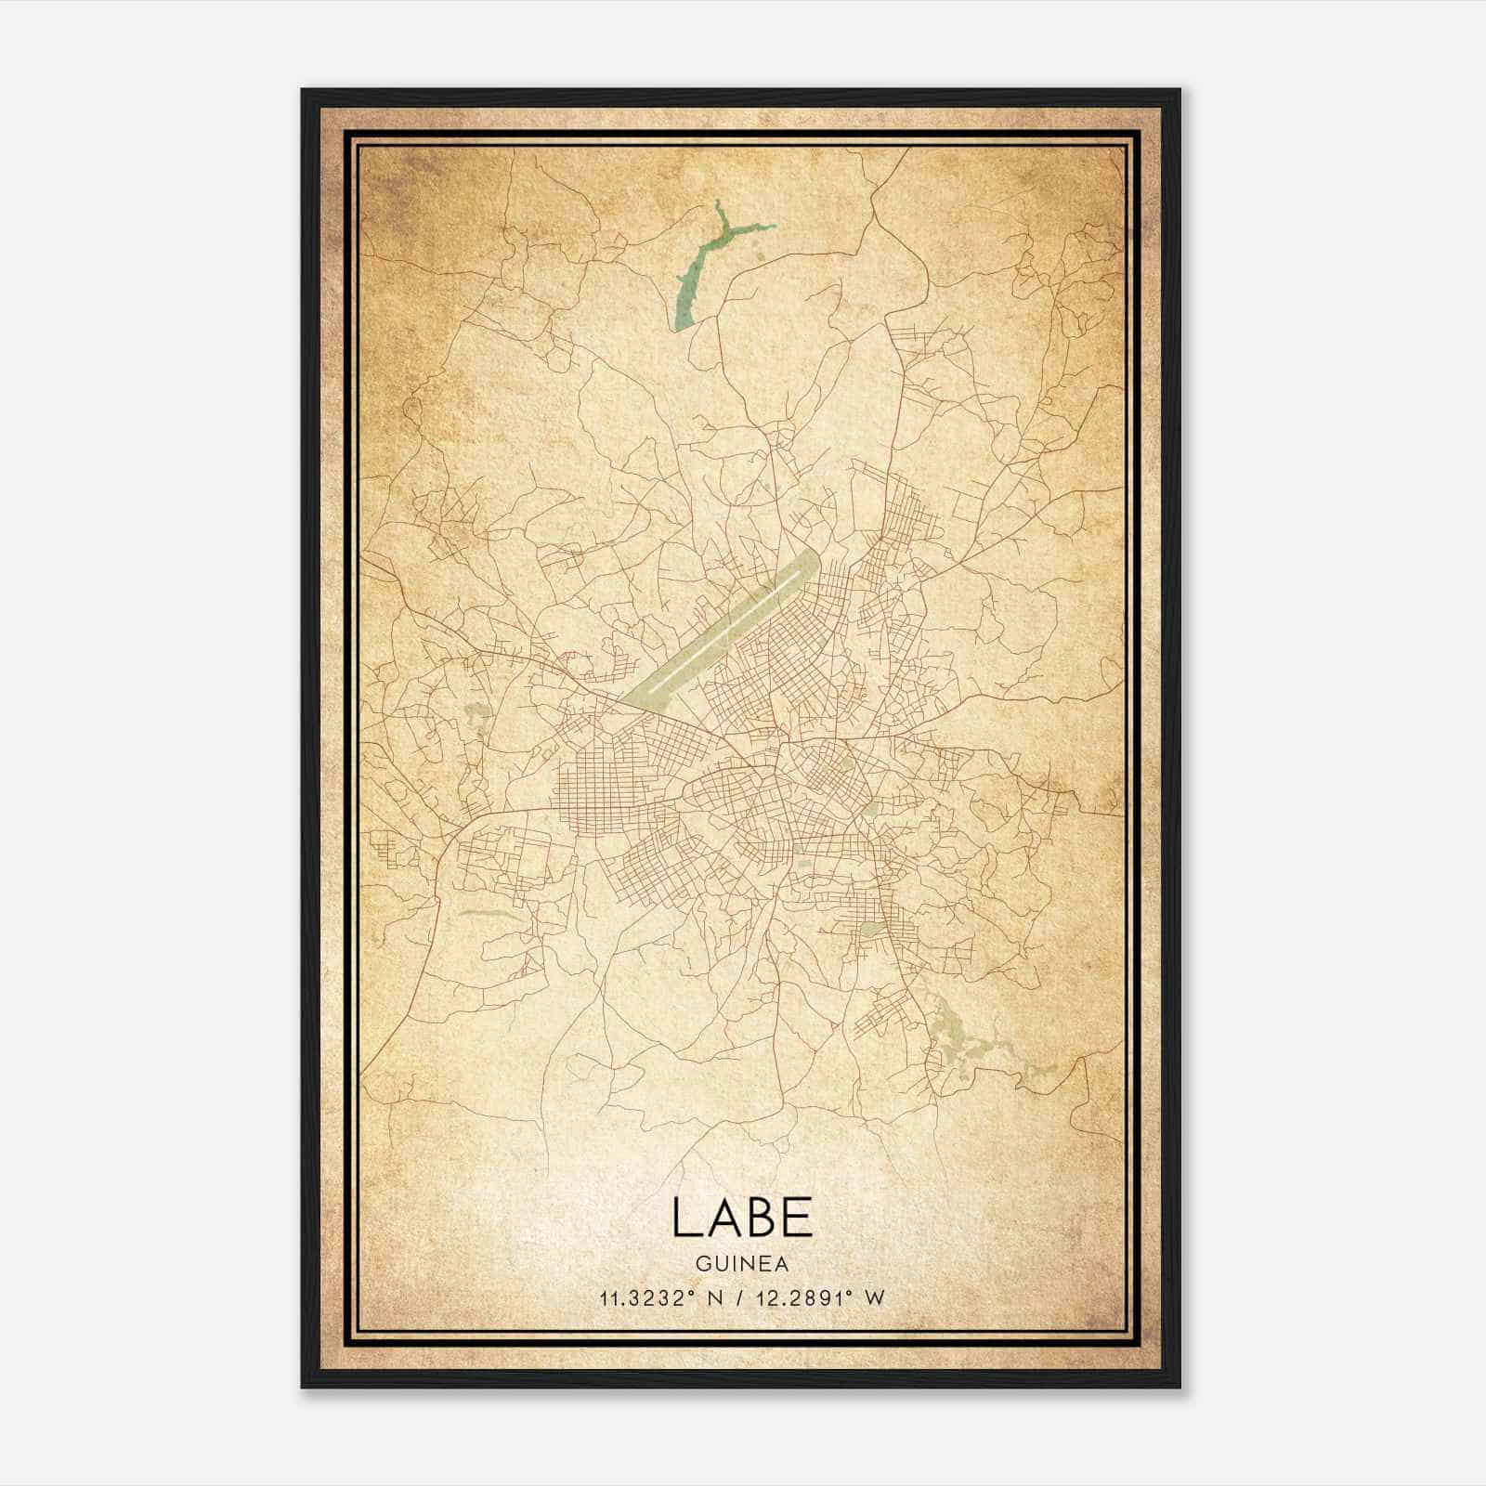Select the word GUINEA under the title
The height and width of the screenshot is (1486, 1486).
742,1264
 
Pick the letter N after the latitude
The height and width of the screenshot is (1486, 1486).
714,1298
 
